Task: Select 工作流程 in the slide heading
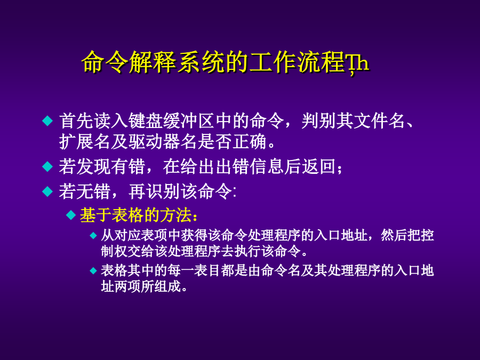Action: [x=297, y=62]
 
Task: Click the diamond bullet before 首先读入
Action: [x=47, y=121]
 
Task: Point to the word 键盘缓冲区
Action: [x=171, y=121]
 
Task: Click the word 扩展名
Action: [x=84, y=142]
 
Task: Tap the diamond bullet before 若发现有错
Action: [x=47, y=167]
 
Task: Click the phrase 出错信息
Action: [x=250, y=167]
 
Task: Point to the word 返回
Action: [x=318, y=167]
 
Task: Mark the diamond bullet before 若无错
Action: [x=47, y=191]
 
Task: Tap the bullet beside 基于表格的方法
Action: [x=71, y=215]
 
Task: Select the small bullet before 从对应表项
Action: [x=93, y=235]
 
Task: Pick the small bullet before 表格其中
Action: [x=93, y=270]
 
